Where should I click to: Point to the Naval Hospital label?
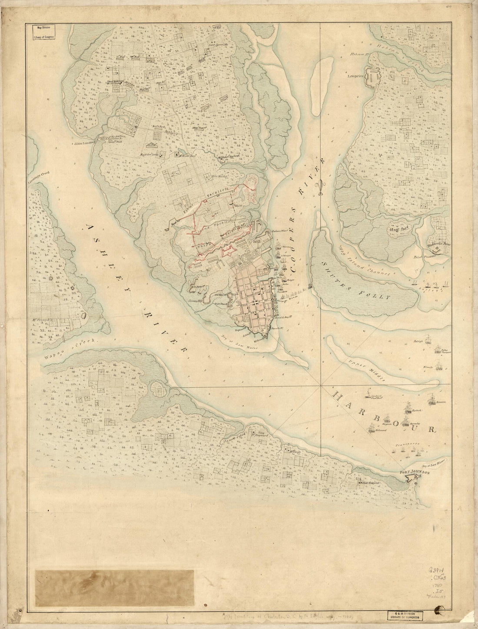[x=370, y=483]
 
